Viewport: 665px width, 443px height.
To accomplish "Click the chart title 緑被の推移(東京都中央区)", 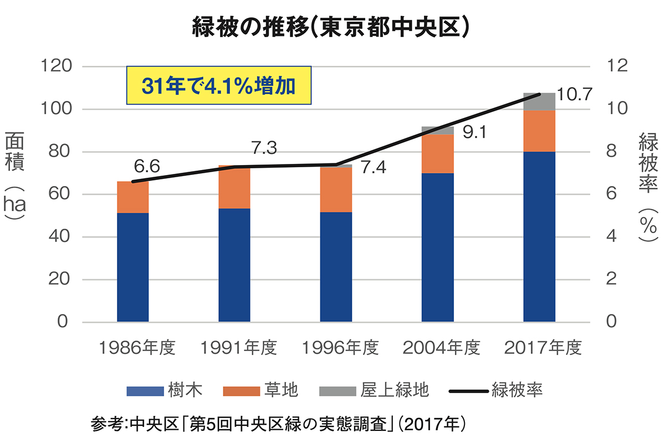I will coord(332,27).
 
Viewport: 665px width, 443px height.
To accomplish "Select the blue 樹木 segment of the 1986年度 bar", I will coord(133,267).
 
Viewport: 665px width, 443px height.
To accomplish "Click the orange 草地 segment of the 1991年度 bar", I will coord(234,187).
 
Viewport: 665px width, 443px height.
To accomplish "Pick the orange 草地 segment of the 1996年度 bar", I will coord(336,189).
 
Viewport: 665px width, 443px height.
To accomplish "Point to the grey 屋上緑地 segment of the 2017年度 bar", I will coord(539,102).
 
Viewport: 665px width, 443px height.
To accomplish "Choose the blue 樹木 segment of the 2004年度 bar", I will coord(438,247).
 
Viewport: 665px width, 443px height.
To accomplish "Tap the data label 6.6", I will coord(147,166).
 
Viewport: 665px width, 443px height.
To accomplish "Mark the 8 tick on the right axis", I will coord(611,152).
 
